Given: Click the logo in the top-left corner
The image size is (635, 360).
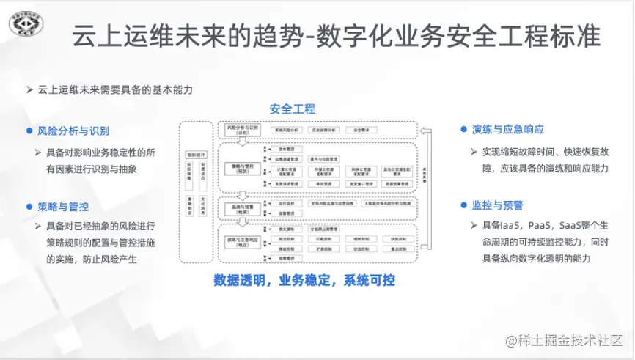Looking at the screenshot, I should pyautogui.click(x=27, y=27).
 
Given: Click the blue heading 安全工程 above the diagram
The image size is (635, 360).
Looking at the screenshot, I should pyautogui.click(x=292, y=109).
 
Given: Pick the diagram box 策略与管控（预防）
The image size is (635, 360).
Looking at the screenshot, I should pyautogui.click(x=242, y=166).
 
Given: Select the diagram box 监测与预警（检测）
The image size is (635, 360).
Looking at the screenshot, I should pyautogui.click(x=242, y=206).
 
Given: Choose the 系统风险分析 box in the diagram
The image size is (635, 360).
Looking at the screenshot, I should pyautogui.click(x=287, y=129).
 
